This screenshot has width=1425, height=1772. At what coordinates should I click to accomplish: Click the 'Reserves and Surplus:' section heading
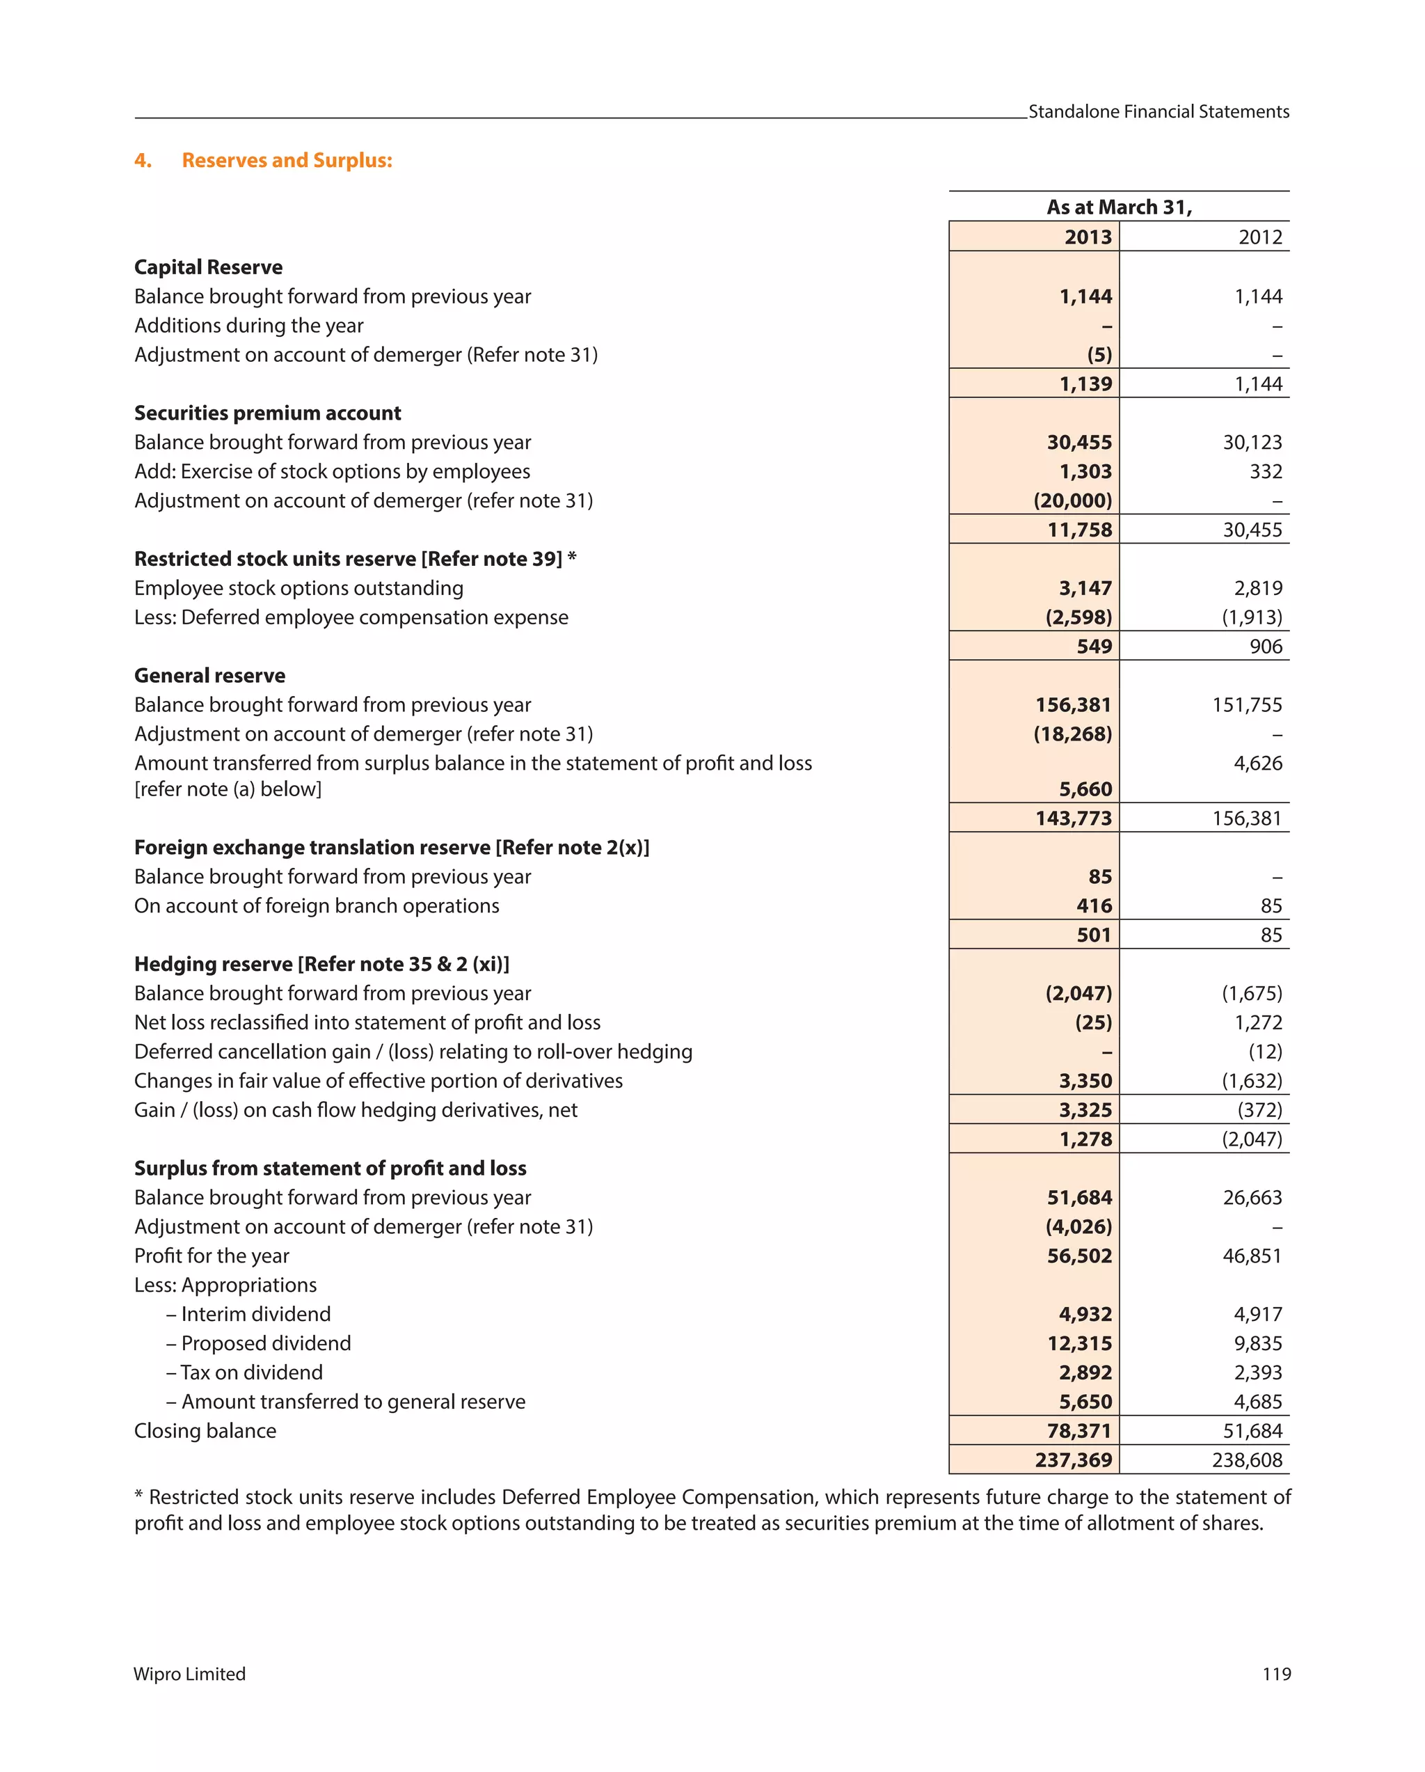click(286, 160)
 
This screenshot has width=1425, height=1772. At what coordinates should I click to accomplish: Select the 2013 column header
click(1088, 237)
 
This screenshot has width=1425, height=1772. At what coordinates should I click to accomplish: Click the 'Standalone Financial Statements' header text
click(1158, 112)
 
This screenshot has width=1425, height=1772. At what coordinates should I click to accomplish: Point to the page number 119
click(1275, 1674)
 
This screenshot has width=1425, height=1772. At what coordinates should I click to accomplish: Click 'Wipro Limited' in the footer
click(190, 1674)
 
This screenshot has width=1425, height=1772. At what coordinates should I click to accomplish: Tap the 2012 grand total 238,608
click(1246, 1459)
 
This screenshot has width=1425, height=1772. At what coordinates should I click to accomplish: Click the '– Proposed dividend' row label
click(258, 1343)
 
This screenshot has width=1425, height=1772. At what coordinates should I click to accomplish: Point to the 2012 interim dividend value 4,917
click(1257, 1314)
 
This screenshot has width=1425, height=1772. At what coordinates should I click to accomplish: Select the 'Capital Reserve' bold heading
click(208, 267)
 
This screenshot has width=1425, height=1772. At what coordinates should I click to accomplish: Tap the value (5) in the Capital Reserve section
click(1099, 355)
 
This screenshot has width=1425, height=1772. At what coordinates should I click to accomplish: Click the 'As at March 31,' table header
click(1118, 207)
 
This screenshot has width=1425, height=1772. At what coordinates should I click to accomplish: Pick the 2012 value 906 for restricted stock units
click(1265, 647)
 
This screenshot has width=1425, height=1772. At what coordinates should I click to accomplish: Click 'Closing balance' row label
click(205, 1431)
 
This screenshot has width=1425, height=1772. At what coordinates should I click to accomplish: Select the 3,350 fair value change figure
click(1085, 1081)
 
